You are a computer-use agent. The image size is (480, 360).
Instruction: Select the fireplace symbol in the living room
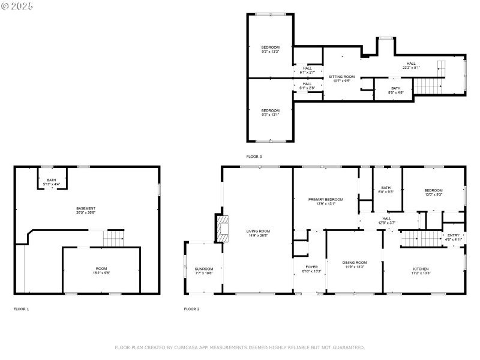tap(223, 228)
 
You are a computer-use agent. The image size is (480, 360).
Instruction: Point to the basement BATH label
tap(52, 179)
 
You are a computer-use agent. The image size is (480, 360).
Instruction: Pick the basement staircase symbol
tap(114, 238)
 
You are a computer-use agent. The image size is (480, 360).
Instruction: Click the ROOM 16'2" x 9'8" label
tap(102, 270)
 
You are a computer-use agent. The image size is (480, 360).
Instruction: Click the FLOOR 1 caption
tap(22, 309)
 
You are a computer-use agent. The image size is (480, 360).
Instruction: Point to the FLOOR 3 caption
tap(254, 157)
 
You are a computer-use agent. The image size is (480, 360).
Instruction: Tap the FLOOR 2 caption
tap(191, 309)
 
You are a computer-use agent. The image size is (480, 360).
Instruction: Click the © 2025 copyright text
tap(17, 6)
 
